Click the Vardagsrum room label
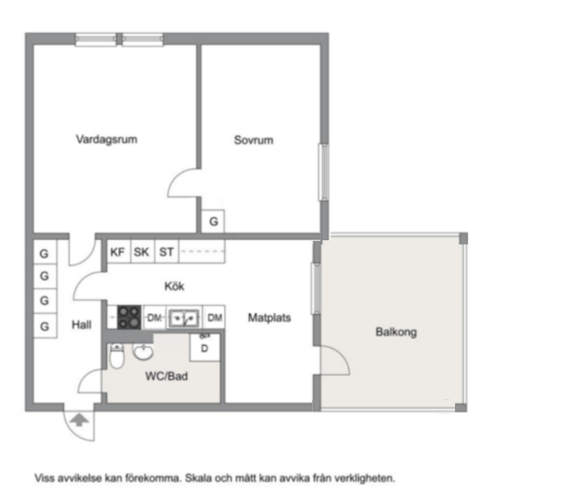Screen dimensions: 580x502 [x=106, y=139]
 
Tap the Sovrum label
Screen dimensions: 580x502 [x=254, y=140]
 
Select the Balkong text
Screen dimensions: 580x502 [x=396, y=332]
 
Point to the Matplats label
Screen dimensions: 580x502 [x=269, y=317]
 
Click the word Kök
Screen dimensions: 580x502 [x=174, y=286]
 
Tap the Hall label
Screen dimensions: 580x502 [x=81, y=325]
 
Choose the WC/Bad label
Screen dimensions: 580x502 [x=166, y=376]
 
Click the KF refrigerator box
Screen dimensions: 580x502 [x=118, y=252]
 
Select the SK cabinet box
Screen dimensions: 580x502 [x=142, y=252]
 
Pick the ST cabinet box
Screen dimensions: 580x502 [x=166, y=252]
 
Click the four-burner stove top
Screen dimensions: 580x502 [x=129, y=317]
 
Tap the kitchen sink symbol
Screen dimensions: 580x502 [x=184, y=317]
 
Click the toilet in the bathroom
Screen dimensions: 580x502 [x=117, y=356]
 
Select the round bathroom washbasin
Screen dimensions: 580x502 [x=143, y=351]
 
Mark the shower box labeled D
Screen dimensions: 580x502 [x=204, y=347]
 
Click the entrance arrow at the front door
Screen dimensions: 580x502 [x=79, y=420]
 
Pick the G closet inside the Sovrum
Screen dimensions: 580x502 [x=213, y=222]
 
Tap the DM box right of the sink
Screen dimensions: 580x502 [x=215, y=317]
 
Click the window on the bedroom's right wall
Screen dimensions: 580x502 [x=323, y=172]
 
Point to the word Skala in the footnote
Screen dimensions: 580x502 [x=199, y=478]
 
